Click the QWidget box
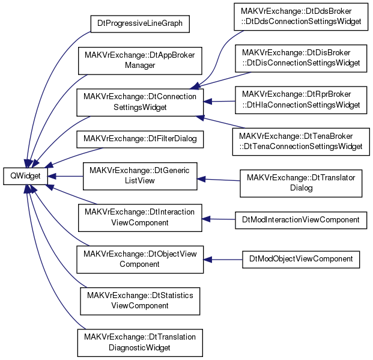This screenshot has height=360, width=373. [25, 176]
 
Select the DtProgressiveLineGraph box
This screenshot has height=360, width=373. [140, 24]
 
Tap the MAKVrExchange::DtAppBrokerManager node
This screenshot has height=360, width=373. [140, 61]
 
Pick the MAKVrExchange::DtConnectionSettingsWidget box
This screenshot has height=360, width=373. [140, 103]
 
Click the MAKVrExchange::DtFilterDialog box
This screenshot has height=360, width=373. [140, 139]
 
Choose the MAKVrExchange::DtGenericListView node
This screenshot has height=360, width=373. [140, 176]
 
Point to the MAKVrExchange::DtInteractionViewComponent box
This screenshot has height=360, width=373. [140, 218]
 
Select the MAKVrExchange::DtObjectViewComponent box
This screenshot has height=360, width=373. [140, 260]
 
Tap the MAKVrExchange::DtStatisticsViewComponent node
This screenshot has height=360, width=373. [140, 301]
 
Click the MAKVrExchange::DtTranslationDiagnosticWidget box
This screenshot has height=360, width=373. [140, 343]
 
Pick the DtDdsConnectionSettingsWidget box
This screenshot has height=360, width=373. [301, 17]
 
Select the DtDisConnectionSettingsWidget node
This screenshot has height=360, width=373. [301, 58]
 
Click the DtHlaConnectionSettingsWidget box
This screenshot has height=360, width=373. [301, 100]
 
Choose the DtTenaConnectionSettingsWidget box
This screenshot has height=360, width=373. [301, 142]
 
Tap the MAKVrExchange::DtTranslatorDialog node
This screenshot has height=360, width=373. [301, 183]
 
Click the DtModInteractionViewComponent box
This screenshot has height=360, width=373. [301, 220]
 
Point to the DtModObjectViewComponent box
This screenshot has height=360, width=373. [301, 260]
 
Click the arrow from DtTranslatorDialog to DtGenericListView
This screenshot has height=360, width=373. [219, 180]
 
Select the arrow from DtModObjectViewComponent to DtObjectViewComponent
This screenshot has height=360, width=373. [223, 260]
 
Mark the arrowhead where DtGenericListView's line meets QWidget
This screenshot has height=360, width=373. [52, 176]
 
